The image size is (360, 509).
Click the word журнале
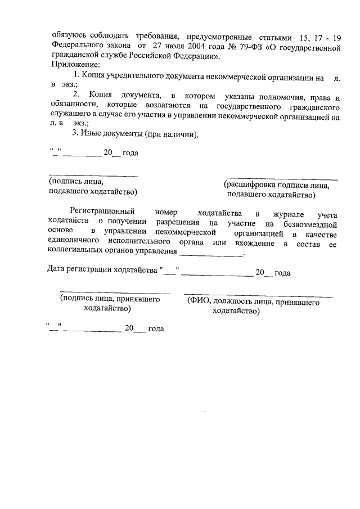click(x=288, y=214)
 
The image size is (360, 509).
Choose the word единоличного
click(x=75, y=243)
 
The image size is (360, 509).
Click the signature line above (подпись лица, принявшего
click(x=115, y=293)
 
